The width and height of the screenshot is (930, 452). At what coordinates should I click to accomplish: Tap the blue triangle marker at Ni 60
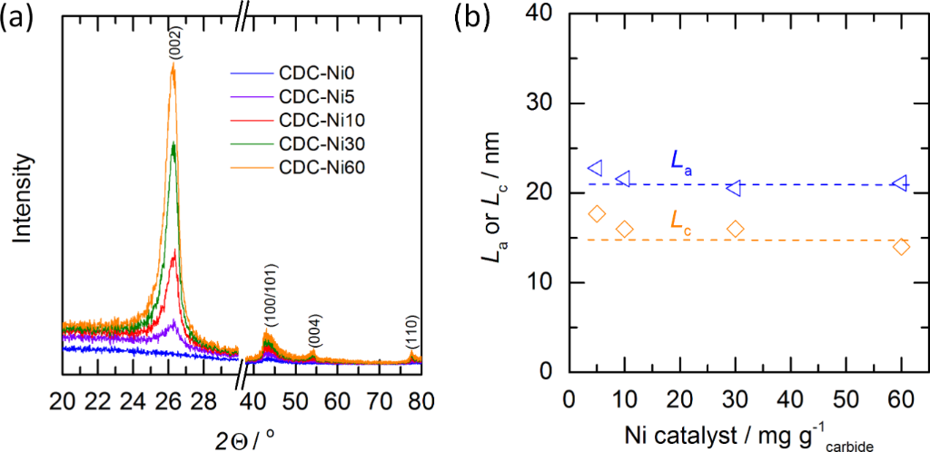click(900, 183)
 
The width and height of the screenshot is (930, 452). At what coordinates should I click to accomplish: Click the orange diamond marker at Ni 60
click(901, 246)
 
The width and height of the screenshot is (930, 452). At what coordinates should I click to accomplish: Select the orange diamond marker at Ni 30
click(736, 229)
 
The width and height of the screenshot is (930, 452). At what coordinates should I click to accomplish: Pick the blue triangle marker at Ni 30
click(734, 188)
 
